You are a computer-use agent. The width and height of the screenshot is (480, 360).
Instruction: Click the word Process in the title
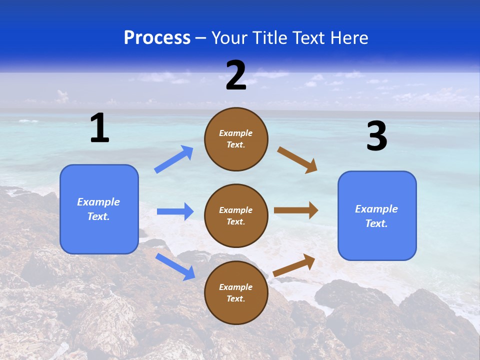(x=157, y=37)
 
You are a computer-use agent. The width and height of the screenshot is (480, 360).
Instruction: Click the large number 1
(x=100, y=127)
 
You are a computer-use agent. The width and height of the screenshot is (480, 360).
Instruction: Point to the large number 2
(x=236, y=75)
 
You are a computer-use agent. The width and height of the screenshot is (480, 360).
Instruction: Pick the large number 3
(x=377, y=135)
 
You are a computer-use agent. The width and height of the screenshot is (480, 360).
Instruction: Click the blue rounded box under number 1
(x=99, y=209)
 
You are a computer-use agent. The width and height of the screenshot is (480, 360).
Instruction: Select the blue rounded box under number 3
(x=377, y=216)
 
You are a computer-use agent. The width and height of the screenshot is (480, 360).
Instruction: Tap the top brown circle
(x=236, y=139)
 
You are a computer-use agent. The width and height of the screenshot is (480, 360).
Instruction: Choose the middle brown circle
(x=236, y=216)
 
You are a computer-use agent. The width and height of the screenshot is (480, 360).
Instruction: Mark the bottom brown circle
(x=236, y=292)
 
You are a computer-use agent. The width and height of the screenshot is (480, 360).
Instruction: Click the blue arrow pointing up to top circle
(x=173, y=159)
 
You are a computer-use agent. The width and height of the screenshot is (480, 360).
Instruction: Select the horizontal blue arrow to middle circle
(x=175, y=211)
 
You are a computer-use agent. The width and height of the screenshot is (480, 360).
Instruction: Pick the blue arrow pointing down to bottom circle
(x=175, y=267)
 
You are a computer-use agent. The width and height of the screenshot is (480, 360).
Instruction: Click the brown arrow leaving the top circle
(x=297, y=160)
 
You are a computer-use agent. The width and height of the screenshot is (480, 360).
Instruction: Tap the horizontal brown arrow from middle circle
(x=296, y=210)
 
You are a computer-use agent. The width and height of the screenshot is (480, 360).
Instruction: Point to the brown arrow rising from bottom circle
(x=294, y=265)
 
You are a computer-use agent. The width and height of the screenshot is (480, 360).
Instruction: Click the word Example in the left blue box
(x=98, y=202)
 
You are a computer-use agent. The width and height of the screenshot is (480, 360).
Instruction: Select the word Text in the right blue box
(x=376, y=223)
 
